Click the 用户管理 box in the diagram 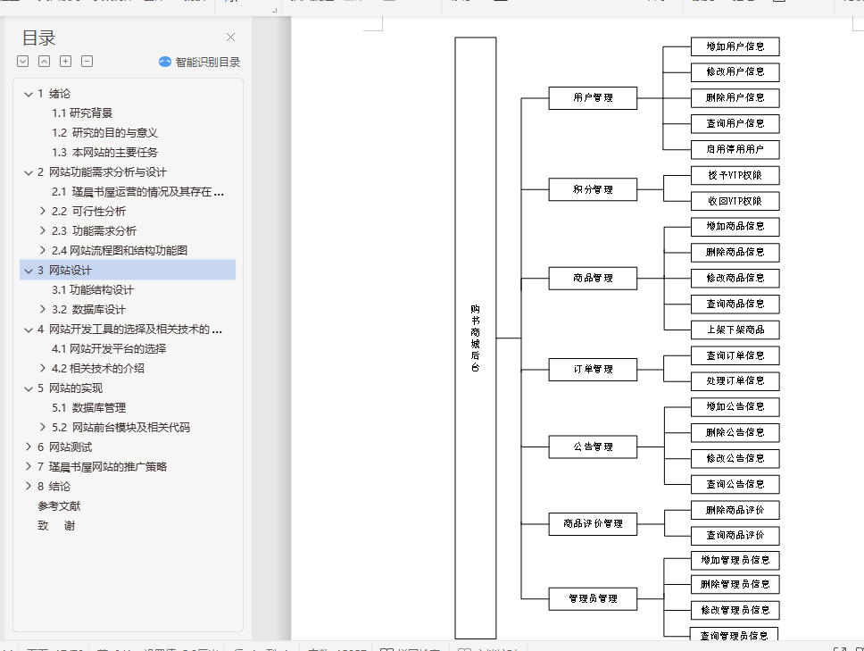[593, 97]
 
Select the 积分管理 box [593, 189]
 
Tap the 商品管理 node [593, 278]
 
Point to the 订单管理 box [593, 369]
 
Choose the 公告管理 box [593, 447]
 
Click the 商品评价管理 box [593, 523]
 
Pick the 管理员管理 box [593, 598]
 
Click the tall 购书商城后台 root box [475, 338]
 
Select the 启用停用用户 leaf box [735, 149]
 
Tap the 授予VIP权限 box [735, 175]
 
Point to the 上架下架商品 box [735, 330]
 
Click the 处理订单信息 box [735, 381]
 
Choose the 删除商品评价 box [735, 510]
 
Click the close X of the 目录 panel [230, 38]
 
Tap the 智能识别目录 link [199, 62]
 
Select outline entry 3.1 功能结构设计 [92, 289]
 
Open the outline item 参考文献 [59, 505]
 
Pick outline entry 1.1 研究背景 [81, 113]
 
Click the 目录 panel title [39, 38]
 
